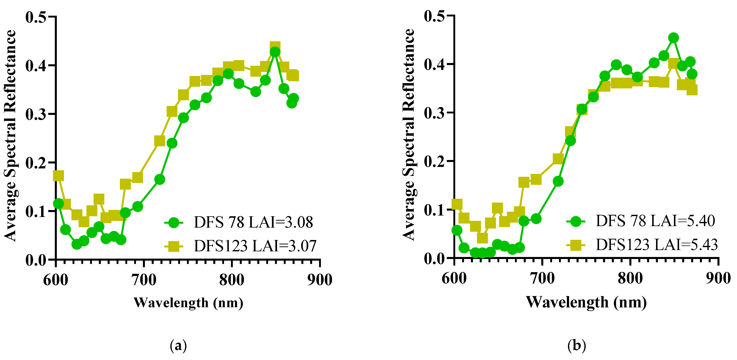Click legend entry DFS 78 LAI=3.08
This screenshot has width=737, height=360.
(253, 222)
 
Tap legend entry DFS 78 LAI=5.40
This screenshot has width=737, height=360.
(655, 221)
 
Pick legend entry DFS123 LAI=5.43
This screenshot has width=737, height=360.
(657, 245)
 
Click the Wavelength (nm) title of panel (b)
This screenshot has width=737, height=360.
(586, 302)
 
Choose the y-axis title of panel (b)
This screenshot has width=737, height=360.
(409, 134)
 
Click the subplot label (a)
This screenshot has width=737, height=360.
(178, 346)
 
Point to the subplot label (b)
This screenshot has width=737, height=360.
(577, 345)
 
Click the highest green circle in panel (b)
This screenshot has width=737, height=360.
(673, 38)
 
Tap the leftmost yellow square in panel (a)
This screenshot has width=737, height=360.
(58, 176)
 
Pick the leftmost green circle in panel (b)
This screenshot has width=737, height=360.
(457, 230)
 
